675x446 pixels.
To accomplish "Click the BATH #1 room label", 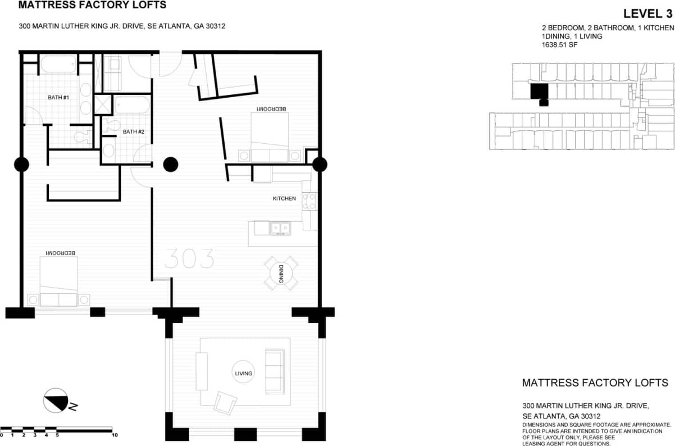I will [x=58, y=97].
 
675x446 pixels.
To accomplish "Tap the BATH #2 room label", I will [x=134, y=132].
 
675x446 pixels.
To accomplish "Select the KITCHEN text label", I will [x=284, y=198].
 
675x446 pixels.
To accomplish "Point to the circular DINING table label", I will [x=281, y=273].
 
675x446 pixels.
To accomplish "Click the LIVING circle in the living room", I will [x=244, y=373].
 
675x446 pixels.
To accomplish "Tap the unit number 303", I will [x=189, y=259].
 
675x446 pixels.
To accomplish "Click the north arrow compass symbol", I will [x=56, y=401].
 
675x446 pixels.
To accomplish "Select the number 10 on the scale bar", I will [x=114, y=435].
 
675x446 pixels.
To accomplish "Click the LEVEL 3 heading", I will [x=648, y=14].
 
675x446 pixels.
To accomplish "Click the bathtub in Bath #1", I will [x=58, y=65].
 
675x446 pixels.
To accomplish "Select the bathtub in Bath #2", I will [x=131, y=105].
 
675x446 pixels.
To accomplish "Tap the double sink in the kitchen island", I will [x=280, y=228].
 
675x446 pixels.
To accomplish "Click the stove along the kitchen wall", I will [x=309, y=201].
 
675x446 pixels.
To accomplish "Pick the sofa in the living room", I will [x=275, y=371].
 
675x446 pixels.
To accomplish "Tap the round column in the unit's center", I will [x=171, y=165].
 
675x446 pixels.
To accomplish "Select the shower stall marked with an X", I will [x=103, y=104].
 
